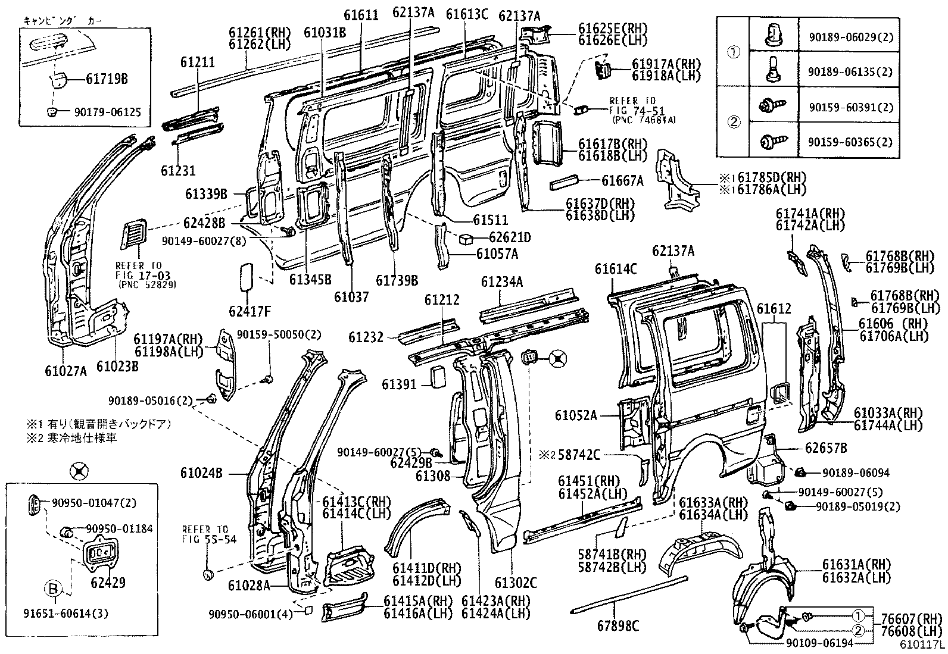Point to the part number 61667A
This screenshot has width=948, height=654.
[622, 180]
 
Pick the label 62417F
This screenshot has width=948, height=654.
[250, 311]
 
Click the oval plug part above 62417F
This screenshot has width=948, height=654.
[246, 277]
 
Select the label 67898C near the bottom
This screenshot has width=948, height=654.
[619, 625]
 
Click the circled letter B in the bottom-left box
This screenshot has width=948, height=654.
[53, 589]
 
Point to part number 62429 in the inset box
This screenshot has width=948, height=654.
[108, 583]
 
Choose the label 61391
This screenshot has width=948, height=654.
[399, 385]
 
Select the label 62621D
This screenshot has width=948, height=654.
[510, 238]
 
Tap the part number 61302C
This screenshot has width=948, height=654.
[516, 583]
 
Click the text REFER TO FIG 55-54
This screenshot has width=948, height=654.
[205, 534]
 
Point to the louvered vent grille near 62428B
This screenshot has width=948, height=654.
[133, 233]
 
